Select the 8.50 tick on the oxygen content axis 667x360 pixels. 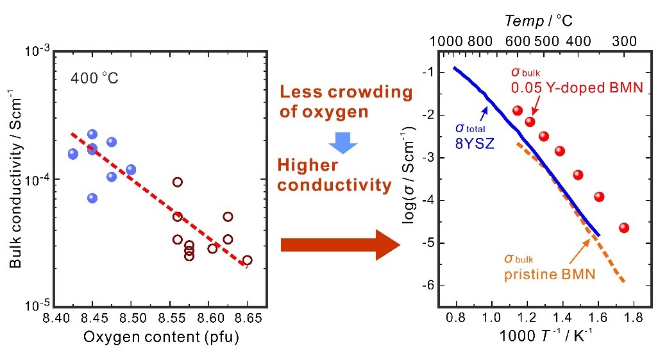131,318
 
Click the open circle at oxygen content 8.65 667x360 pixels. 247,260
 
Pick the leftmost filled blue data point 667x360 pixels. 73,154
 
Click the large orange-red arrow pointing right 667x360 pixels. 340,244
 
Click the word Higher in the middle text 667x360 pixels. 307,165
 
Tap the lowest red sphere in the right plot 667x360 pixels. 624,228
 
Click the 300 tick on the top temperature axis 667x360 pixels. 624,42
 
